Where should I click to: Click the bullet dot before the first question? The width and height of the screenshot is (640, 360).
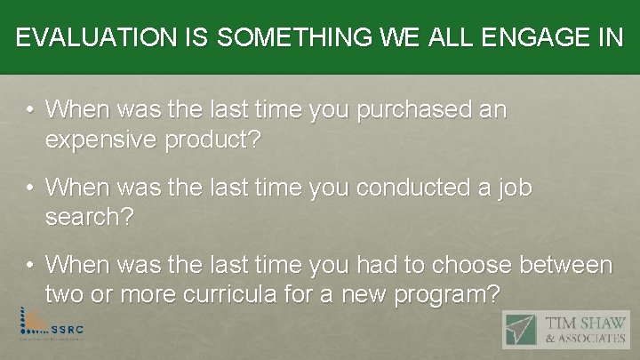(30, 112)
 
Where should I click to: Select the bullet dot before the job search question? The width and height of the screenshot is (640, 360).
(30, 189)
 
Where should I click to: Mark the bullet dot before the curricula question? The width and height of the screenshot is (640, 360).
(30, 266)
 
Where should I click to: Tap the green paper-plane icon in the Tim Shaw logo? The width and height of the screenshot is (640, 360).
(521, 329)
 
